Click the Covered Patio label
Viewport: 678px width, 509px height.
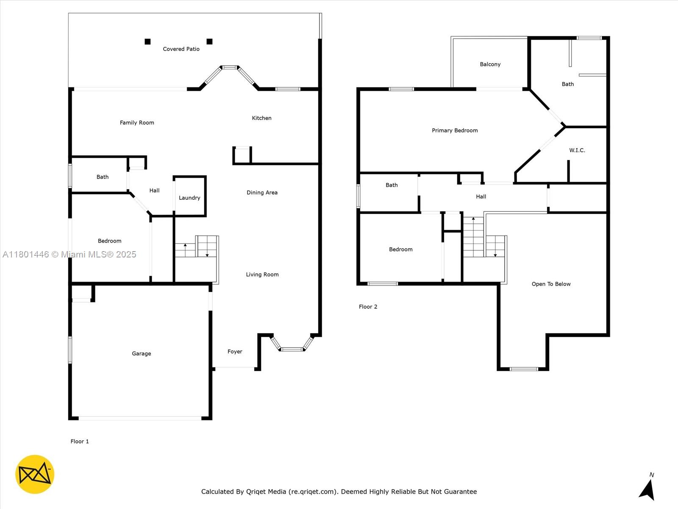[x=181, y=49]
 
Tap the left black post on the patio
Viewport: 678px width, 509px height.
[x=147, y=42]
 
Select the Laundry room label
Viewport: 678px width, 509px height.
[x=189, y=198]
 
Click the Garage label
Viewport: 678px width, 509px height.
[x=141, y=354]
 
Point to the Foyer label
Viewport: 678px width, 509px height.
[x=235, y=352]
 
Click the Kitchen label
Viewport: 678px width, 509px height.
[x=261, y=118]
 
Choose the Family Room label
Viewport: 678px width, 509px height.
[x=137, y=123]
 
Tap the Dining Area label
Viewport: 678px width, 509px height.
[x=262, y=193]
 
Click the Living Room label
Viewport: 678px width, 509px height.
[x=262, y=275]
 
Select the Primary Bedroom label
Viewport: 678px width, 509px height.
[x=455, y=131]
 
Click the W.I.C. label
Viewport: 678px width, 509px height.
[x=577, y=151]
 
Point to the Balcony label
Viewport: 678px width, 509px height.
[x=490, y=64]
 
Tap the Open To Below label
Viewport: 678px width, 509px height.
[x=551, y=284]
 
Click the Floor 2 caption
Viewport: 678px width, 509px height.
[x=368, y=307]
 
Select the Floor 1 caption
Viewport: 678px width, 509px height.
[x=80, y=442]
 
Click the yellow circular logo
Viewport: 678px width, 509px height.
[x=35, y=474]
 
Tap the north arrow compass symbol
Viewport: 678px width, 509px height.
[x=647, y=489]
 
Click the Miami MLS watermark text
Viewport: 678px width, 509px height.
[x=69, y=255]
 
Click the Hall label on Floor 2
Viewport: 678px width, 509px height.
[x=481, y=197]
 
